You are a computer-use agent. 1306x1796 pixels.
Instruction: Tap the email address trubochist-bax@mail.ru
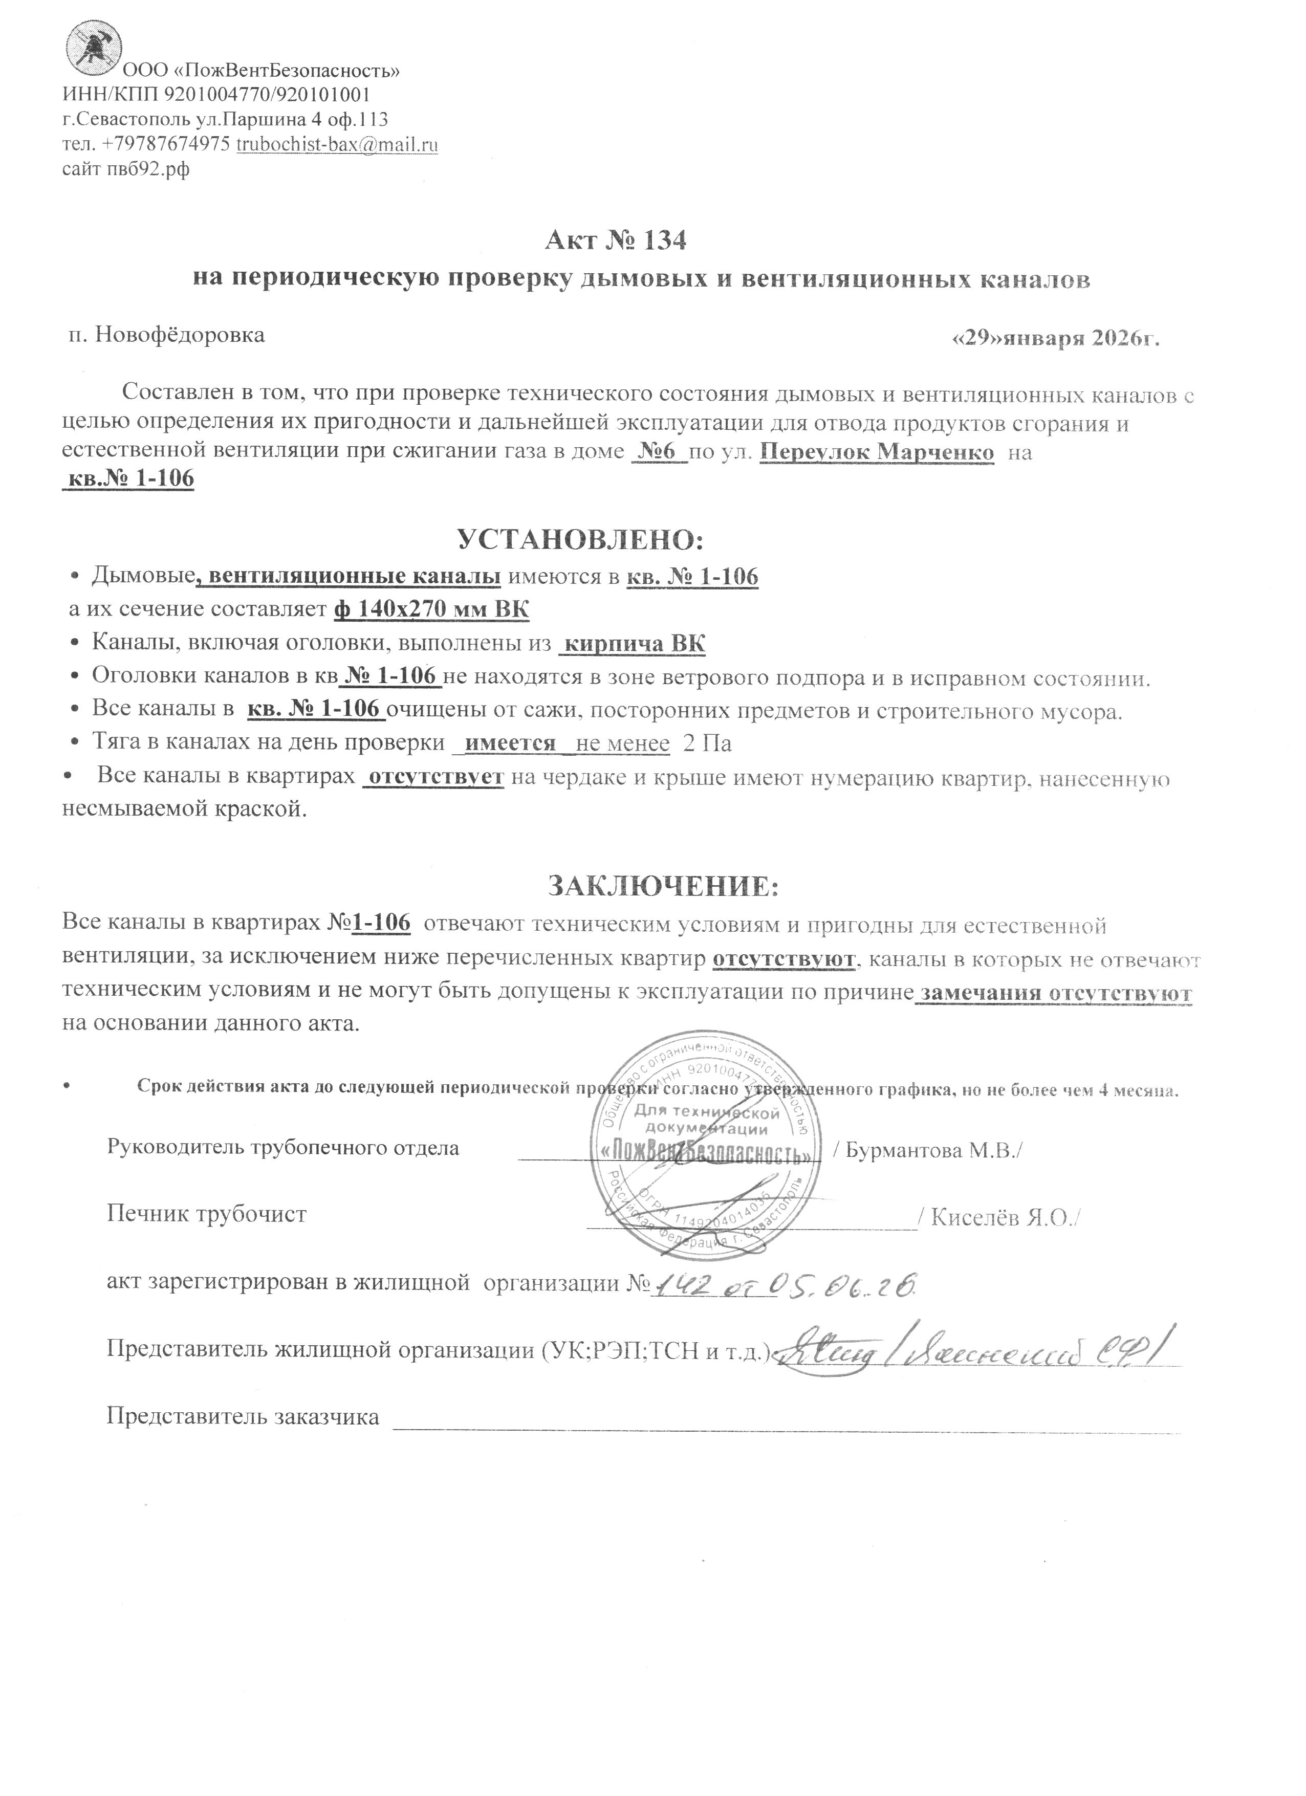pyautogui.click(x=337, y=145)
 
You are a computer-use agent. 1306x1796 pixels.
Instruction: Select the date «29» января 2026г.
pyautogui.click(x=1054, y=338)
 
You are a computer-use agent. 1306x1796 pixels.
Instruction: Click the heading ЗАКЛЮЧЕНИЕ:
pyautogui.click(x=664, y=885)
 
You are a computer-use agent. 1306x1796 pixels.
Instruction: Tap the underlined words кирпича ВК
pyautogui.click(x=632, y=644)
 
